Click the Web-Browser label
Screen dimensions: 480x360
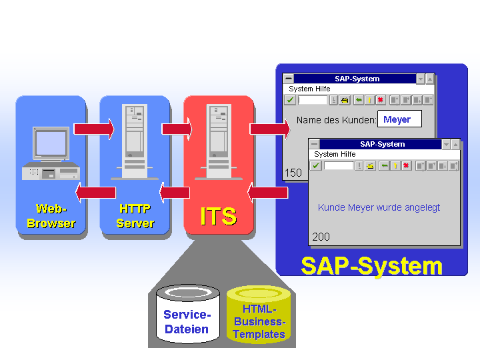[51, 216]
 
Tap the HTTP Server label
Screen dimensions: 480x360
[135, 216]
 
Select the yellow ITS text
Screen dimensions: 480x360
[219, 216]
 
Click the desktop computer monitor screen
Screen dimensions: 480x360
[51, 143]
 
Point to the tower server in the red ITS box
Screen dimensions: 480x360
[219, 141]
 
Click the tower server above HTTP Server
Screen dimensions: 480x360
[135, 141]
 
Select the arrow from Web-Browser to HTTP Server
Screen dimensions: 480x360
[94, 129]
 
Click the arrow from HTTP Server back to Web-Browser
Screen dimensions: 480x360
[95, 193]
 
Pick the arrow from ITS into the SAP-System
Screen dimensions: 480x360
[270, 129]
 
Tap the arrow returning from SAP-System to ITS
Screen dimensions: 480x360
[267, 193]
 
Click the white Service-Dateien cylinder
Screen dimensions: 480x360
[187, 314]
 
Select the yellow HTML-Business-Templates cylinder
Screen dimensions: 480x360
[259, 315]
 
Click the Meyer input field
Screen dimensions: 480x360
[399, 119]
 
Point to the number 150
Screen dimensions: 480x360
[293, 173]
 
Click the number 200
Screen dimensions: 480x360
[321, 237]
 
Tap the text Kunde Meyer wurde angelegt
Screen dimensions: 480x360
[379, 207]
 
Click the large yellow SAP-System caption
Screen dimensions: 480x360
[371, 266]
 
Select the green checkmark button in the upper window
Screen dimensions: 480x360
[290, 100]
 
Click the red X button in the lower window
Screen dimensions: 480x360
[406, 165]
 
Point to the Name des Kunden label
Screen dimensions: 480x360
[336, 120]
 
